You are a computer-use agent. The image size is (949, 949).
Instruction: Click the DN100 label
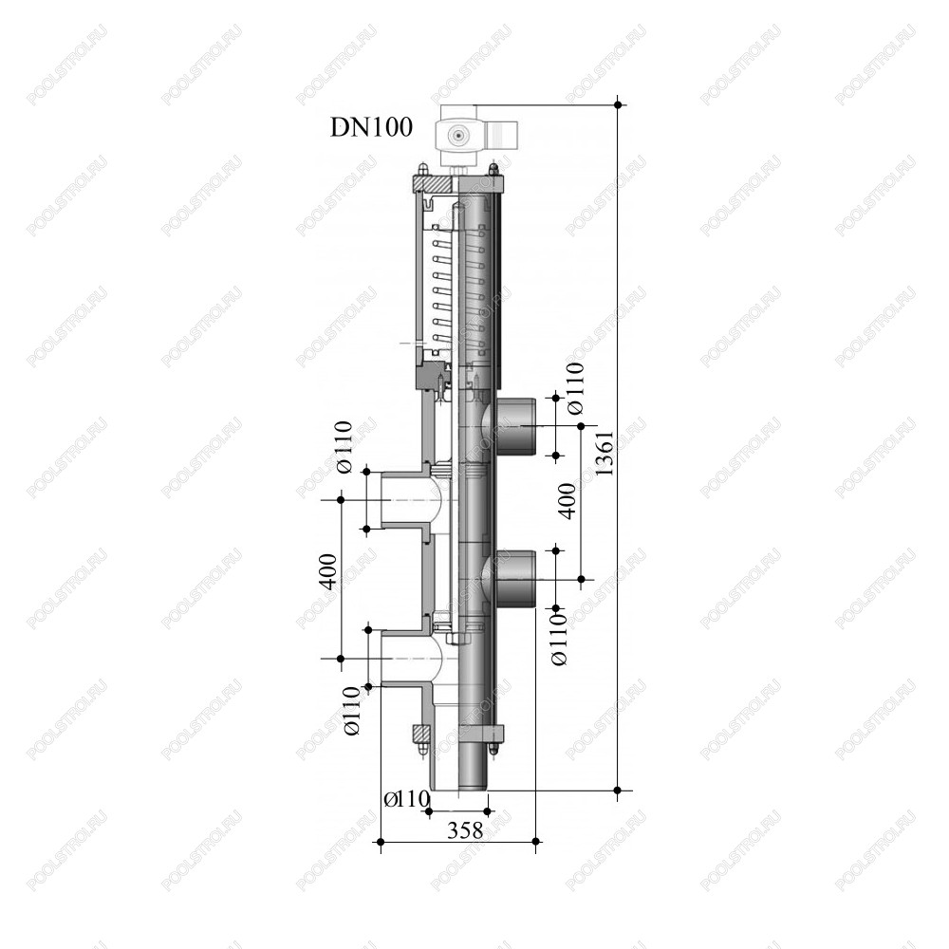pos(371,128)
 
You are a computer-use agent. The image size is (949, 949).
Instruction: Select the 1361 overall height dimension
pos(605,454)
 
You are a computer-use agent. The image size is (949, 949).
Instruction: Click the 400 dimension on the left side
pos(327,570)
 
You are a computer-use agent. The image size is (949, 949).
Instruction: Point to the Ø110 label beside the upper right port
pos(576,387)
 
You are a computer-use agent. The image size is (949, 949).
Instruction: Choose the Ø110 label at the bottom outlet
pos(407,799)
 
